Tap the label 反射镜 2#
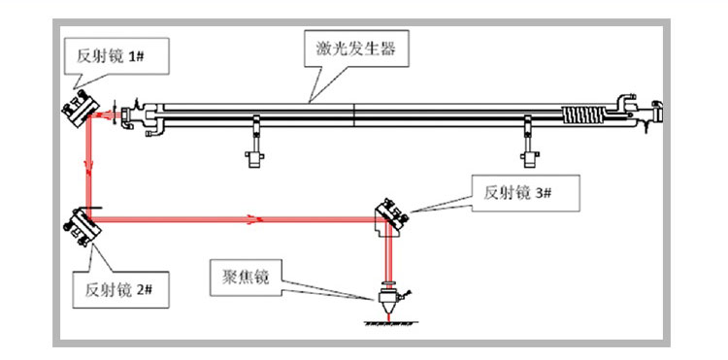tap(118, 290)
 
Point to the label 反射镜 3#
tap(517, 192)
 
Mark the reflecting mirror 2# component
tap(83, 226)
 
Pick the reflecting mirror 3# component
tap(391, 215)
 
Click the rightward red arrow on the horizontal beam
tap(252, 219)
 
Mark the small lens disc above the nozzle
tap(388, 282)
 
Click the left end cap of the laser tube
tap(126, 117)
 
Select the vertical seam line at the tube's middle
tap(353, 115)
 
